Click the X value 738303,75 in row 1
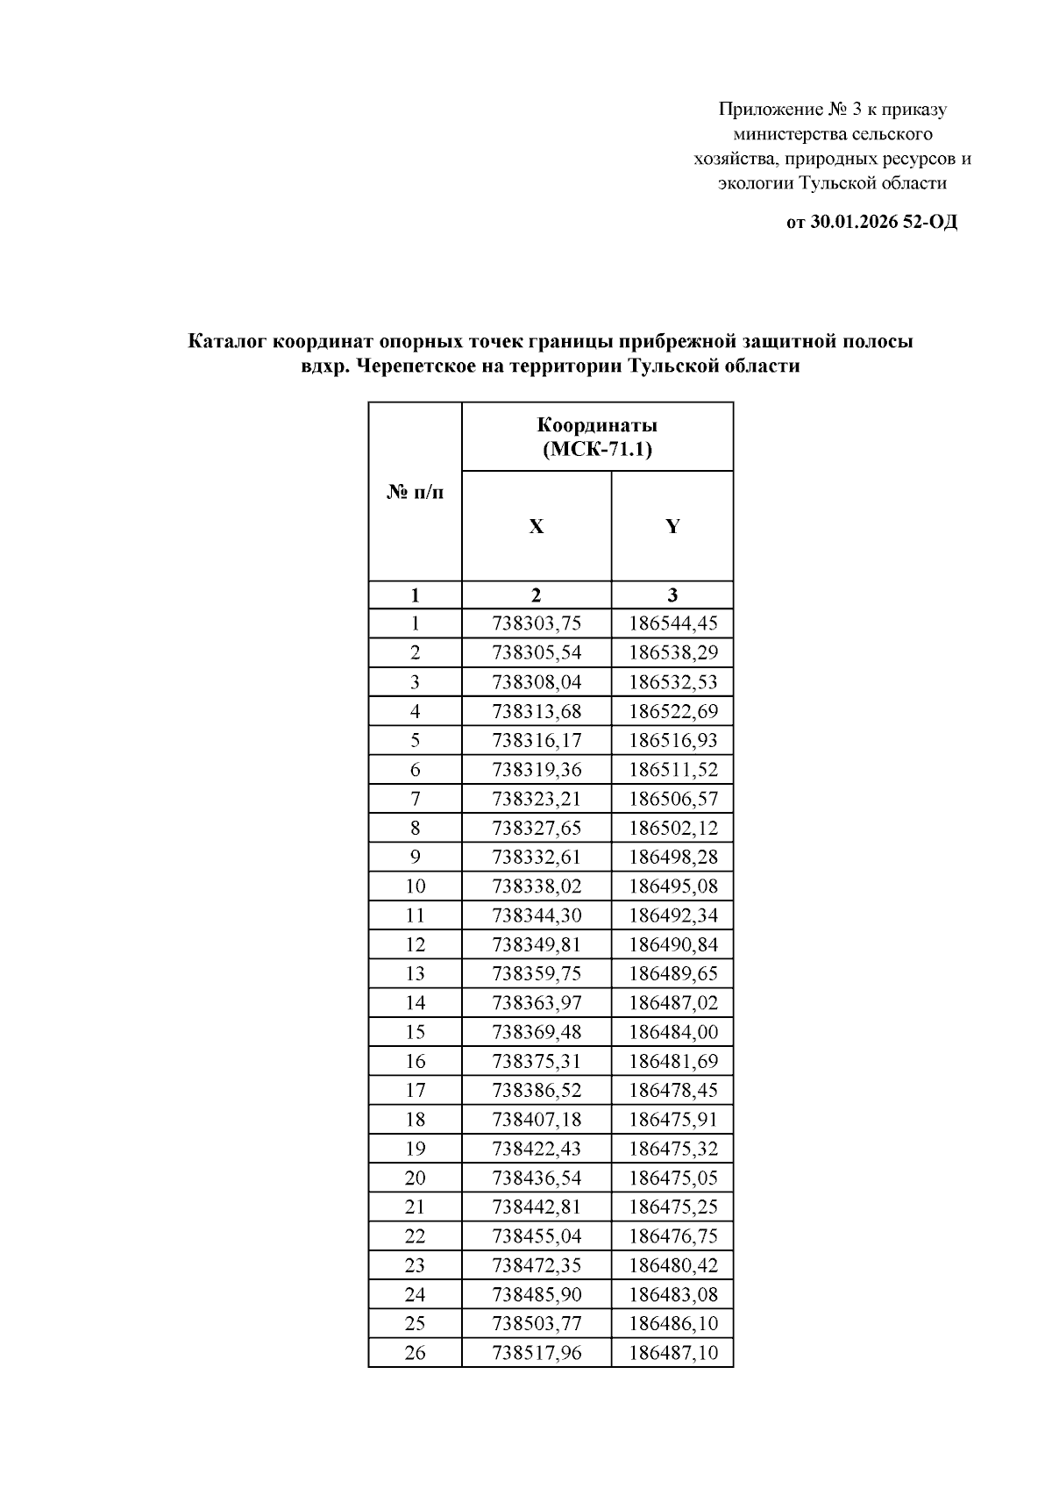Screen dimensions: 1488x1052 pos(537,623)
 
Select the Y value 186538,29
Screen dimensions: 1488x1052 pos(672,652)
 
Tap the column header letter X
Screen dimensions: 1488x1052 pos(536,526)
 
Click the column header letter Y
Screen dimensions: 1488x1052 pos(672,526)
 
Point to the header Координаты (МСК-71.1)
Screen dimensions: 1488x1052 pos(597,437)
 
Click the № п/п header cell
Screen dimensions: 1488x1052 pos(415,492)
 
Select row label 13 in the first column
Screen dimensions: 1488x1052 pos(415,973)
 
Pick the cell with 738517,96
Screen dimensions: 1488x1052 pos(537,1352)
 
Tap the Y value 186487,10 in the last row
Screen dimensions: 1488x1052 pos(672,1352)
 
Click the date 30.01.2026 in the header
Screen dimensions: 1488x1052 pos(853,222)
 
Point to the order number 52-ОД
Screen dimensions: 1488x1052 pos(930,222)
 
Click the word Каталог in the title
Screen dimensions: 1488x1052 pos(228,341)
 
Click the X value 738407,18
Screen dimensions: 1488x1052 pos(537,1119)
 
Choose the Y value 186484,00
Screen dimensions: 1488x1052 pos(672,1032)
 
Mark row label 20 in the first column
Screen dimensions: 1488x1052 pos(415,1178)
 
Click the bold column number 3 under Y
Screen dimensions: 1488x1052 pos(672,594)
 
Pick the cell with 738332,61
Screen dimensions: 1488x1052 pos(537,857)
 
